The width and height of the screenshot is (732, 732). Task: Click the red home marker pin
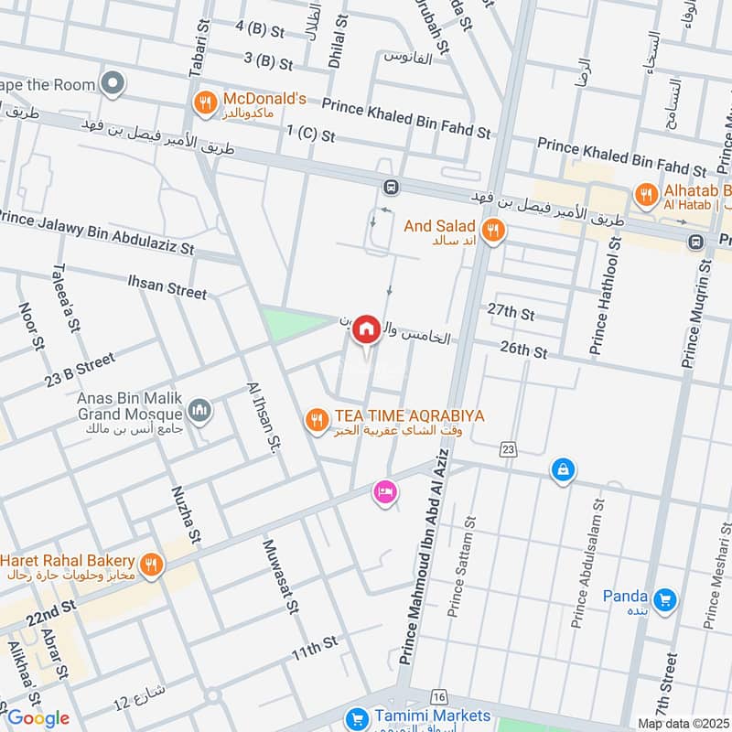[367, 328]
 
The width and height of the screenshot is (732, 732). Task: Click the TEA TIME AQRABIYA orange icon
[317, 420]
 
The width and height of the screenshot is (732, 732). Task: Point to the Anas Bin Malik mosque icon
[200, 411]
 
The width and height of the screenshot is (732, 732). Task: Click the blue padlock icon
[562, 470]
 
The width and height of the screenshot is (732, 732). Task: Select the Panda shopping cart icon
[666, 600]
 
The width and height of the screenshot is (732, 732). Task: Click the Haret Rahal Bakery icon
[152, 565]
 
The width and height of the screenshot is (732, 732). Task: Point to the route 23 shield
[509, 448]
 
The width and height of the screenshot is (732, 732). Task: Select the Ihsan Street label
[167, 291]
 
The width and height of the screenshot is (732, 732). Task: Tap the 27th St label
[511, 313]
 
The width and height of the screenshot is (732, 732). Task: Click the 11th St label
[315, 651]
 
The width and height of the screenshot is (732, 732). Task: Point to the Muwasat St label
[281, 576]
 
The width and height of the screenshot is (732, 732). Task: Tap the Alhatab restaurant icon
[646, 194]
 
